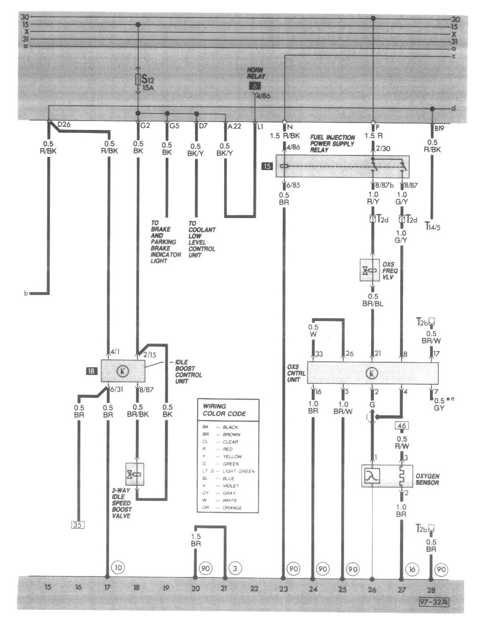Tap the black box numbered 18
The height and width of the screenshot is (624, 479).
pyautogui.click(x=91, y=372)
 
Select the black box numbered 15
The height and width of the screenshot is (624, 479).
pyautogui.click(x=267, y=166)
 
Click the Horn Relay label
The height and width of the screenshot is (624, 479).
pyautogui.click(x=256, y=73)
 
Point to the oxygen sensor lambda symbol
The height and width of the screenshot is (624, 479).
pyautogui.click(x=372, y=476)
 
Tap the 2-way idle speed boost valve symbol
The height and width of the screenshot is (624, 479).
pyautogui.click(x=134, y=474)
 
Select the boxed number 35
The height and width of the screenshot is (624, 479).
pyautogui.click(x=77, y=525)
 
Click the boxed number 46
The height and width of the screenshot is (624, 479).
pyautogui.click(x=402, y=426)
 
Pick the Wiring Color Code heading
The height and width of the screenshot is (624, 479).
pyautogui.click(x=224, y=410)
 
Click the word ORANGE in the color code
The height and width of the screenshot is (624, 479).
pyautogui.click(x=232, y=508)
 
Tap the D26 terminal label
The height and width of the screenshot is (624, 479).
pyautogui.click(x=64, y=125)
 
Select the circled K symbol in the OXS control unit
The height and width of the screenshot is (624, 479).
pyautogui.click(x=372, y=374)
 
